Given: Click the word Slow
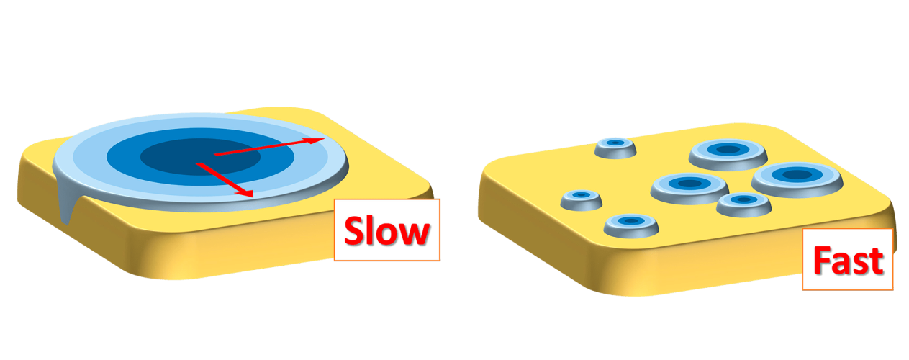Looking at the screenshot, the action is pyautogui.click(x=386, y=230).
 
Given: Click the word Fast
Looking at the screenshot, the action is pyautogui.click(x=848, y=260).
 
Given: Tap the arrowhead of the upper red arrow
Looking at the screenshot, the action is pyautogui.click(x=315, y=140).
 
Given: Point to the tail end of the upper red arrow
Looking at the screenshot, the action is pyautogui.click(x=214, y=155).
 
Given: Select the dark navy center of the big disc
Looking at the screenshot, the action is pyautogui.click(x=201, y=157).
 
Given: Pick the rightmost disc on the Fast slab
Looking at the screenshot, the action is pyautogui.click(x=797, y=179).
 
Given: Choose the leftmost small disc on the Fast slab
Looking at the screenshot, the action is pyautogui.click(x=581, y=199).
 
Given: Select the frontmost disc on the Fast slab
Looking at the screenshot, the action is pyautogui.click(x=630, y=225).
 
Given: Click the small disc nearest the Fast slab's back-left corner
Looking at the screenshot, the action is pyautogui.click(x=615, y=148).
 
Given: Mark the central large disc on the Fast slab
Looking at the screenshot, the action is pyautogui.click(x=689, y=188).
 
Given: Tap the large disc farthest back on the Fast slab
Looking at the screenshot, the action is pyautogui.click(x=728, y=155).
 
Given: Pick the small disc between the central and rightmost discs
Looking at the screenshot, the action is pyautogui.click(x=743, y=204).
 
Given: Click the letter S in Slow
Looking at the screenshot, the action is pyautogui.click(x=354, y=230).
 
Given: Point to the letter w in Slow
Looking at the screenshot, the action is pyautogui.click(x=415, y=234).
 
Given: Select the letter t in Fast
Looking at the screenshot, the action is pyautogui.click(x=877, y=262).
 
